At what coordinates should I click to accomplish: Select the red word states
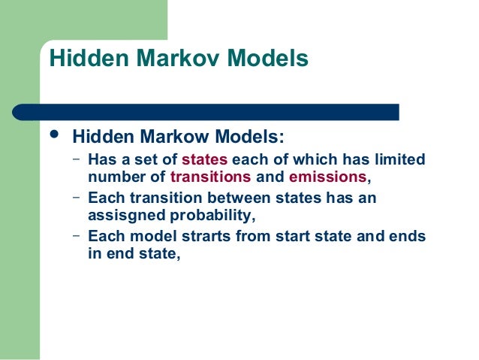tap(204, 159)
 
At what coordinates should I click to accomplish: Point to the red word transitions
tap(211, 178)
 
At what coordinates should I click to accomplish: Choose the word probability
tap(214, 216)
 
